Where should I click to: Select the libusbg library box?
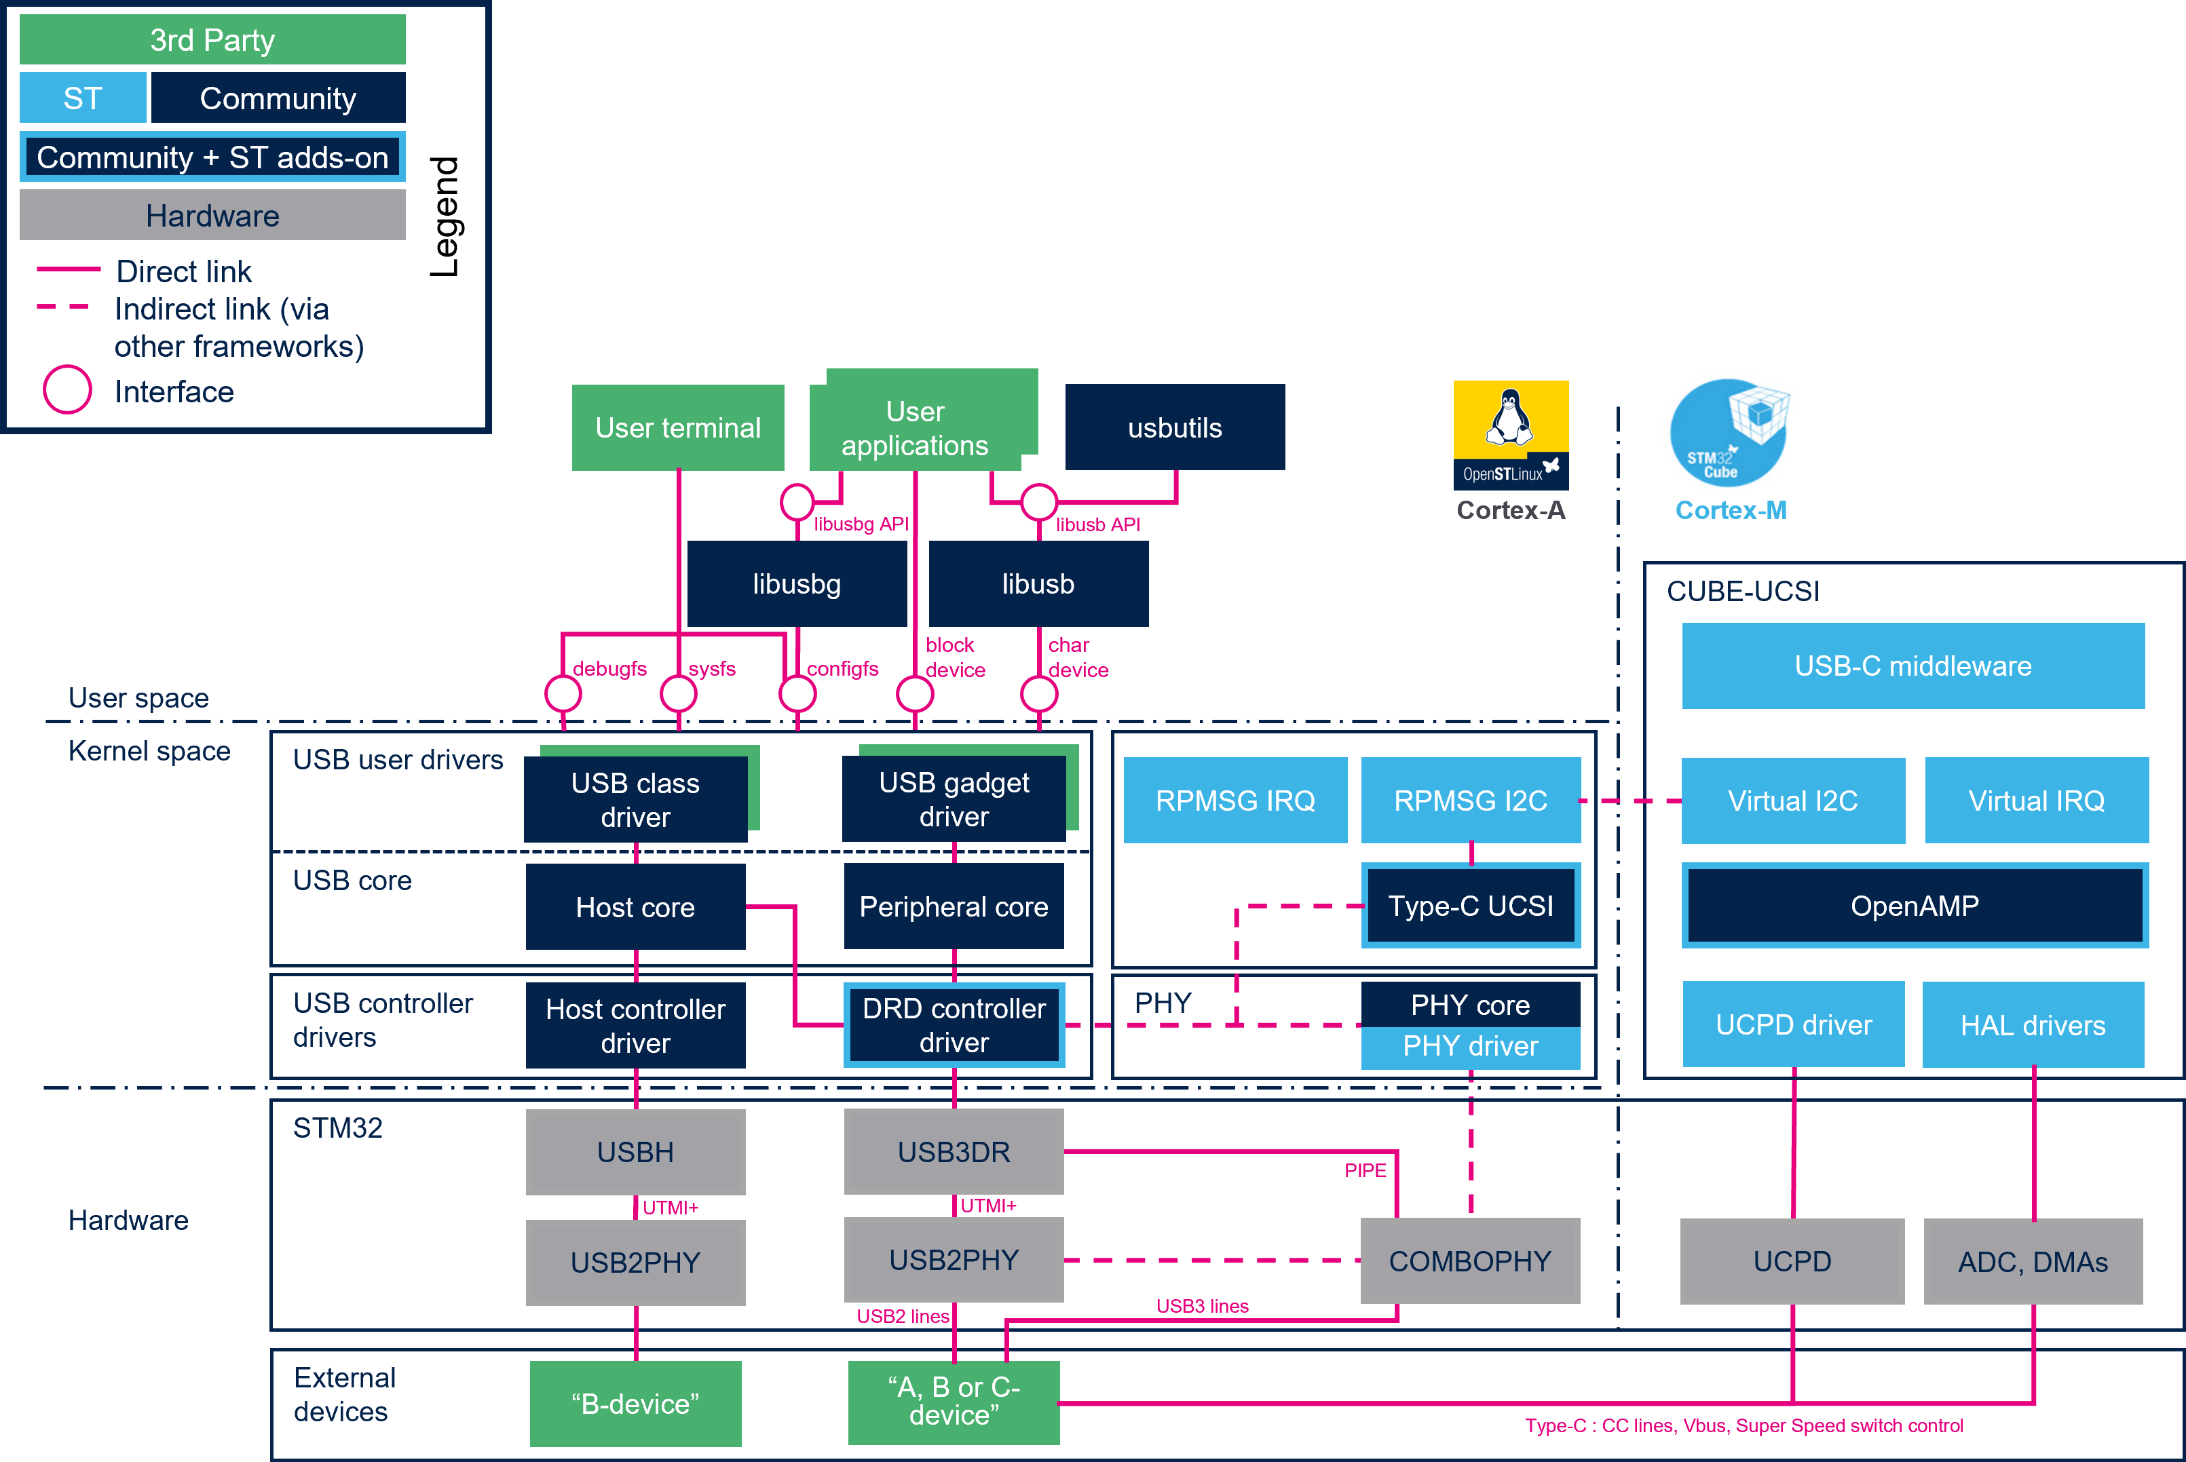(x=797, y=583)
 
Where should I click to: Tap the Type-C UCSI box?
(x=1471, y=906)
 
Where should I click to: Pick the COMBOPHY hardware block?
(x=1471, y=1261)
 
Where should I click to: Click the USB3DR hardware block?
(x=954, y=1151)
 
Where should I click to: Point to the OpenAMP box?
(x=1915, y=906)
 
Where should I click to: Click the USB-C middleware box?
(x=1914, y=666)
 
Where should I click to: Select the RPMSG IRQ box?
(x=1236, y=800)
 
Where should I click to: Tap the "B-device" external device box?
(x=636, y=1403)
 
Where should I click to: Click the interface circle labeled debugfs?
(x=563, y=694)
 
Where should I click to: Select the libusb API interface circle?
(x=1039, y=503)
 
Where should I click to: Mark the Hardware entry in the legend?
(x=212, y=215)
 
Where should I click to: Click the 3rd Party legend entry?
(x=212, y=40)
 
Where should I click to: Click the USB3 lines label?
(x=1202, y=1305)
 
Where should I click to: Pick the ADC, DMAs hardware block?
(x=2033, y=1262)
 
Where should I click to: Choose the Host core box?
(x=636, y=906)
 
